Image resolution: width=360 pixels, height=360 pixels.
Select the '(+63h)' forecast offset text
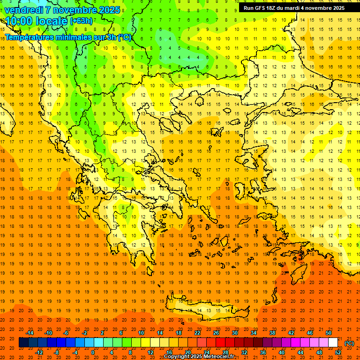point(81,21)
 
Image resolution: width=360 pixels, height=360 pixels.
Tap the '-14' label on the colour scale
point(30,333)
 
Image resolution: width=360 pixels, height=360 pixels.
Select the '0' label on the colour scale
point(93,352)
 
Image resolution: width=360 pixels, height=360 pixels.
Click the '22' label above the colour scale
point(197,333)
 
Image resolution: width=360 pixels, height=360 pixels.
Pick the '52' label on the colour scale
point(338,352)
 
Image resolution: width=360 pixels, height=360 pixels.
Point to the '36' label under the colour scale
point(262,352)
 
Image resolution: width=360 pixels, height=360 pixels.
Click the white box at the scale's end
point(333,343)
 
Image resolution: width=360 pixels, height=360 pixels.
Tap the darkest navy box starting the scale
point(23,343)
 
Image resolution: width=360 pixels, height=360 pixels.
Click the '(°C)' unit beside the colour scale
point(350,343)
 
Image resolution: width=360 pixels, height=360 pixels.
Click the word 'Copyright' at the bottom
point(177,357)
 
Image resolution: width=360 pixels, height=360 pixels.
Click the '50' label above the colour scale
point(328,333)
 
